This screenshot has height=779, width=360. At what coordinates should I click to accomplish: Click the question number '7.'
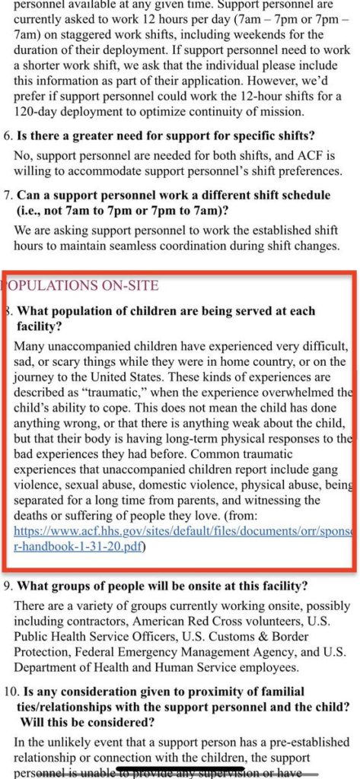tap(9, 196)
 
